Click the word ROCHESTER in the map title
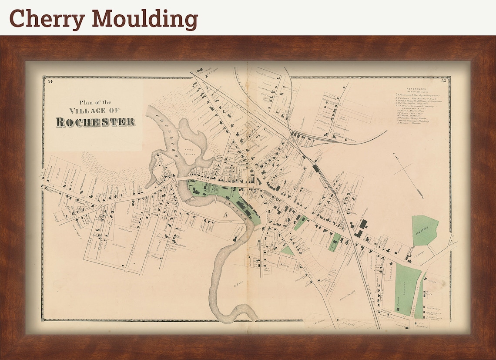click(95, 122)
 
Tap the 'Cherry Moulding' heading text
click(104, 19)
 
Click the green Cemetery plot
click(424, 230)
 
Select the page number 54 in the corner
click(50, 81)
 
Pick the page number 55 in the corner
click(444, 81)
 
